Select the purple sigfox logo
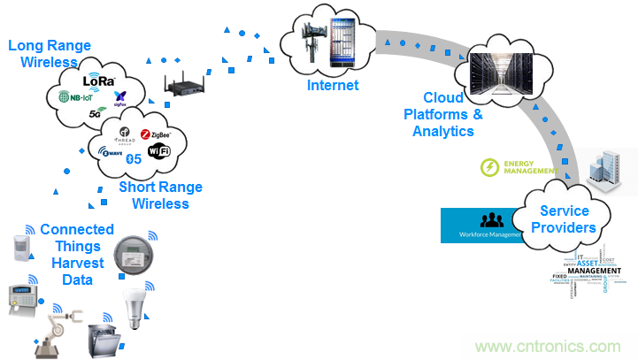pos(120,97)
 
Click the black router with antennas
pos(185,85)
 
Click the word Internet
pos(333,86)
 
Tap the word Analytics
pos(443,131)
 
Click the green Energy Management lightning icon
pos(489,167)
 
